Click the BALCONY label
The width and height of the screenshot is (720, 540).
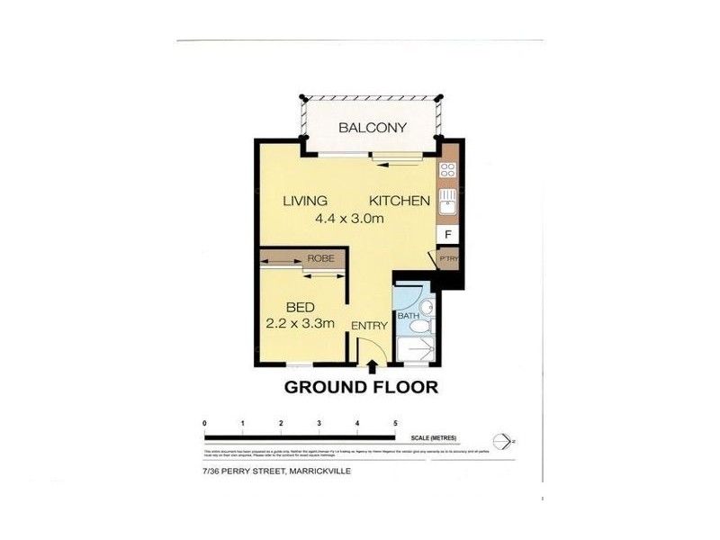[x=373, y=128]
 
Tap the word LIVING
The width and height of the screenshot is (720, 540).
[x=305, y=201]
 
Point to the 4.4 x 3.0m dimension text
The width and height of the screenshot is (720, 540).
[x=349, y=219]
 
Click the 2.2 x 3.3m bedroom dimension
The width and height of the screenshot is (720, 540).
[x=301, y=323]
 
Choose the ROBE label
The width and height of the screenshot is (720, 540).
[x=320, y=258]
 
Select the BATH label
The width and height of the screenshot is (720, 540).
[x=409, y=316]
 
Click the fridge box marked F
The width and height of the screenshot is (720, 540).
[x=447, y=235]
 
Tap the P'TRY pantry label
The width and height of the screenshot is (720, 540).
[x=447, y=259]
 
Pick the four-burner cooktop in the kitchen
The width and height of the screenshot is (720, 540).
[x=447, y=169]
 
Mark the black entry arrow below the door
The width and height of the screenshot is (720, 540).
[x=373, y=364]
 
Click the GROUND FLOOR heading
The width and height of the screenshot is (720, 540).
[x=361, y=388]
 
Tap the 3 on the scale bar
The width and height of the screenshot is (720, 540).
[x=319, y=422]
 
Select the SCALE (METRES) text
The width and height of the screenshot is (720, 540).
[x=432, y=438]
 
